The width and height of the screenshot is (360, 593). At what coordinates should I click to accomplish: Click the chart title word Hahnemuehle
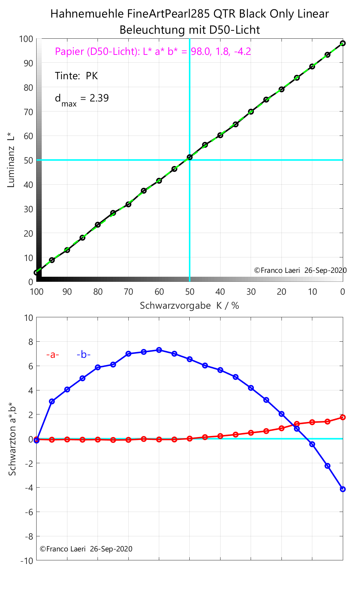click(87, 14)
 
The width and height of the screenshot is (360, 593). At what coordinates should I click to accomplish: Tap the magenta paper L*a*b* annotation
click(153, 52)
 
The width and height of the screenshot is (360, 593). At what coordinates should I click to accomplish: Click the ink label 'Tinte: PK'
click(76, 76)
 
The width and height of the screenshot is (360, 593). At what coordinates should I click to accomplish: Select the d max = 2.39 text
click(81, 99)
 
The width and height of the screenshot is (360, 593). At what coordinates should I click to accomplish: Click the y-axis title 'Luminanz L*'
click(11, 160)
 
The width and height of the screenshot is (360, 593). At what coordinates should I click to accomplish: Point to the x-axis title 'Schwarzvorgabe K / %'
click(189, 306)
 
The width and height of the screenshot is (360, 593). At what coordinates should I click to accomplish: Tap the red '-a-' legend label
click(52, 355)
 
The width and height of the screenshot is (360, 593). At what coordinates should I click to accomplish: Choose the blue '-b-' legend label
click(84, 355)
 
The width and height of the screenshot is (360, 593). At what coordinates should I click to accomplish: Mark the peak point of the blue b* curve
click(159, 350)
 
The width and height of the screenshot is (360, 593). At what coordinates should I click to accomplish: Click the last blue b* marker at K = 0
click(343, 489)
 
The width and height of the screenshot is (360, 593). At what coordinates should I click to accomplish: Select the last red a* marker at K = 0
click(343, 417)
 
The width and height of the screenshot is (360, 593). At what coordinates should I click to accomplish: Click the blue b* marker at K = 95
click(52, 402)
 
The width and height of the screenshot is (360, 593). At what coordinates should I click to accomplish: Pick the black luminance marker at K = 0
click(343, 43)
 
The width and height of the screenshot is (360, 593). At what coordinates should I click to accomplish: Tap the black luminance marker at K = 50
click(190, 157)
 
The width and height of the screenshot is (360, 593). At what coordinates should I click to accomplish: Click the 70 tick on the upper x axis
click(128, 292)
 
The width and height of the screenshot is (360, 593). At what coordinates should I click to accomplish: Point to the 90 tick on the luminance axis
click(28, 63)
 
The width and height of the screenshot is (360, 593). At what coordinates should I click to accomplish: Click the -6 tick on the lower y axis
click(28, 512)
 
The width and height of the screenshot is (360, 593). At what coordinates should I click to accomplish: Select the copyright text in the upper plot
click(300, 271)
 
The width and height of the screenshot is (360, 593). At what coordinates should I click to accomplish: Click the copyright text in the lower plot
click(86, 549)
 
